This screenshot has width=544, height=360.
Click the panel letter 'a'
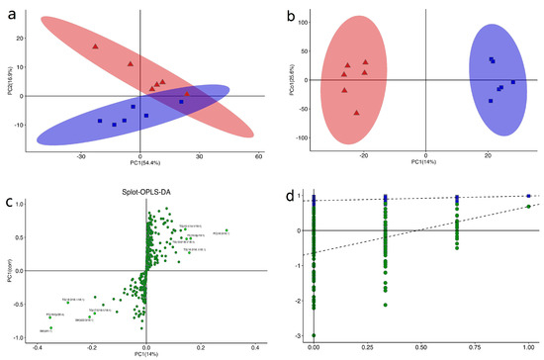[x=9, y=11]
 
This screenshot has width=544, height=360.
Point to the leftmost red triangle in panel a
[x=96, y=46]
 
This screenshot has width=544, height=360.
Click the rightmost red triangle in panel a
[x=187, y=95]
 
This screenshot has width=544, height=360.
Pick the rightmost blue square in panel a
[x=181, y=101]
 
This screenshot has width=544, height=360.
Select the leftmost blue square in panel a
[x=100, y=121]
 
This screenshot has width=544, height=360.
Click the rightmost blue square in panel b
[x=512, y=82]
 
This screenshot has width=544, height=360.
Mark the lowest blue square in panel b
[x=490, y=101]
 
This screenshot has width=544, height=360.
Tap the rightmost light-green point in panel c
[x=227, y=230]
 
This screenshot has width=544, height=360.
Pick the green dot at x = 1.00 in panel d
[x=529, y=207]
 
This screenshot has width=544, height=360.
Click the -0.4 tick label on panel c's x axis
[x=37, y=348]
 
